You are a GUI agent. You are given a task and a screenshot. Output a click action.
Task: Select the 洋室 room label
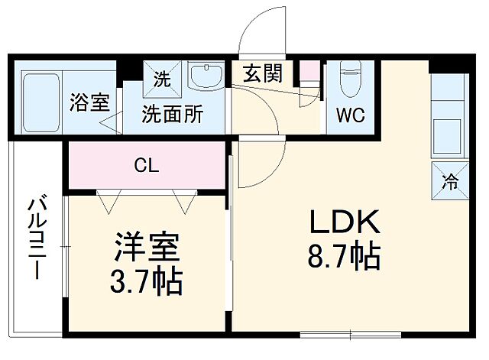147,249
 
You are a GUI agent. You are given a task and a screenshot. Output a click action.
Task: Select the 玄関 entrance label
262,74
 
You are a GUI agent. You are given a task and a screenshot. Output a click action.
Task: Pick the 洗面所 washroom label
173,115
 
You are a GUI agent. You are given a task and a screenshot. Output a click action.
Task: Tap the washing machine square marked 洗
163,77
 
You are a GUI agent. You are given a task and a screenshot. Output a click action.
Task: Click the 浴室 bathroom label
90,102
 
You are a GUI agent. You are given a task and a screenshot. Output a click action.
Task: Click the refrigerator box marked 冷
450,182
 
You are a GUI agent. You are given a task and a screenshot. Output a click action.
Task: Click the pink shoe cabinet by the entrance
309,74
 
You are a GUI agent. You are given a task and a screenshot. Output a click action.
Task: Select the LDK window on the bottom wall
350,333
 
